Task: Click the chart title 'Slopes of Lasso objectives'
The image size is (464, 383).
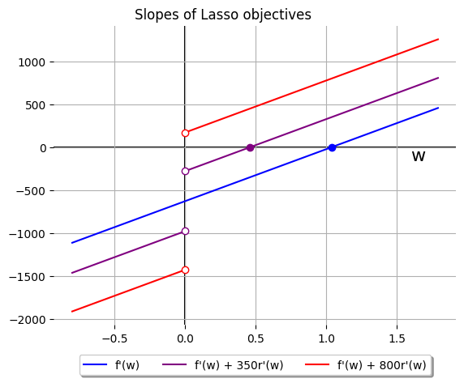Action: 222,15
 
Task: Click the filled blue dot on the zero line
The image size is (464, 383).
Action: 332,147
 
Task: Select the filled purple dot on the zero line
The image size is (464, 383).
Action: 250,147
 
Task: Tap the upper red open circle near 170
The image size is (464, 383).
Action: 185,133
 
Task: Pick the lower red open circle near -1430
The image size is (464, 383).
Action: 185,270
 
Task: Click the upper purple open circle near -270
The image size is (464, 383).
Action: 185,171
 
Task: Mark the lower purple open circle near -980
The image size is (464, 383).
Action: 185,231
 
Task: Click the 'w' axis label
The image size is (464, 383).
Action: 418,156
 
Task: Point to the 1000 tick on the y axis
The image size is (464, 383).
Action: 39,62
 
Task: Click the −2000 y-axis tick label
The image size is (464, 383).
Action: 36,320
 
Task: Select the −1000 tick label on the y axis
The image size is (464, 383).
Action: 36,234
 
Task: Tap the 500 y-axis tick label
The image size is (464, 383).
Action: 42,105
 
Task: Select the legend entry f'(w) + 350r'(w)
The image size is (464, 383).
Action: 238,365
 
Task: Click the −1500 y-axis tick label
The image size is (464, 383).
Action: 36,277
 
